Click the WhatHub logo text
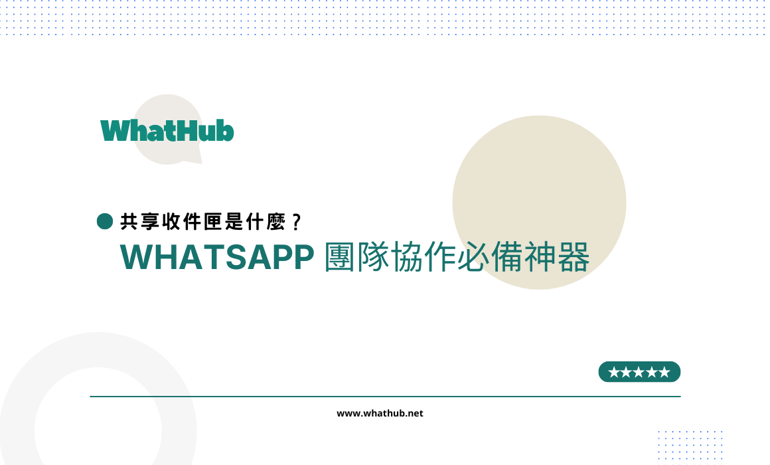pos(167,131)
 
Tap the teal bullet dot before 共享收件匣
pos(105,221)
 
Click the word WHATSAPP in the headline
pos(217,256)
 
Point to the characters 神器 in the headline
pos(557,256)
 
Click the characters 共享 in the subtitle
pos(140,222)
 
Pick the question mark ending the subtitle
pos(296,222)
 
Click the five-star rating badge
pos(639,371)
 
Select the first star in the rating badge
pos(614,372)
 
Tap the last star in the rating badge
pos(664,372)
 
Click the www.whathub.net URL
pos(380,413)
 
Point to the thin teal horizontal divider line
pos(385,396)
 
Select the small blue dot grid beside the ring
pos(690,446)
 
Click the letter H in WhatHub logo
pos(185,131)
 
